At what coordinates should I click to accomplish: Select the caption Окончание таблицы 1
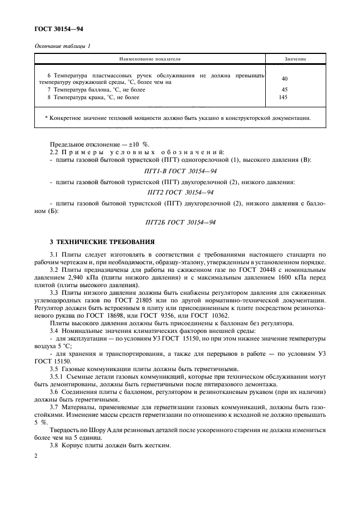coord(63,46)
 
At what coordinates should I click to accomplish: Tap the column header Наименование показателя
coord(149,58)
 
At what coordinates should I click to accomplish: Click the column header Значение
coord(295,58)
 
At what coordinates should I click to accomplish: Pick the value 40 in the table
coord(285,78)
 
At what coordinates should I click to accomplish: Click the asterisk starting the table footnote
coord(46,118)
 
